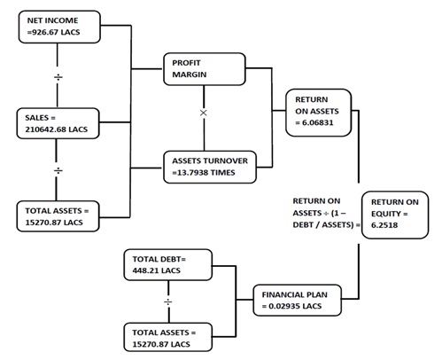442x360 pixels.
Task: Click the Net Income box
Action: pyautogui.click(x=59, y=27)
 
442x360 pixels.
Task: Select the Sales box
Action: pyautogui.click(x=58, y=123)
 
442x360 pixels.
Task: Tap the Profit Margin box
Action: pyautogui.click(x=205, y=69)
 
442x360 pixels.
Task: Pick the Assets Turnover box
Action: pyautogui.click(x=210, y=167)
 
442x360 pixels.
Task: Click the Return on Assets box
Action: pyautogui.click(x=319, y=113)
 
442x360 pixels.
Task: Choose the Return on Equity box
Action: pyautogui.click(x=395, y=215)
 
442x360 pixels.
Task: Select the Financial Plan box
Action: pyautogui.click(x=298, y=300)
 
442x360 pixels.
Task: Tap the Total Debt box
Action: pyautogui.click(x=168, y=265)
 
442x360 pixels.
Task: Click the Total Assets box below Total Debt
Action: pyautogui.click(x=168, y=337)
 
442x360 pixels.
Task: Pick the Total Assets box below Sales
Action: pyautogui.click(x=58, y=216)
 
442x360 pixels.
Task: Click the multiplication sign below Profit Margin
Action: pyautogui.click(x=204, y=113)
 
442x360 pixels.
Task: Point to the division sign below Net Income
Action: pyautogui.click(x=58, y=77)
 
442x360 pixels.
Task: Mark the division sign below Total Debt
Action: pyautogui.click(x=168, y=301)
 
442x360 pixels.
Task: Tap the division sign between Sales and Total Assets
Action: pyautogui.click(x=58, y=170)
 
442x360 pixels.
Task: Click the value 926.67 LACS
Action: pyautogui.click(x=56, y=32)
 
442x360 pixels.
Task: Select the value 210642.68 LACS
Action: pyautogui.click(x=57, y=129)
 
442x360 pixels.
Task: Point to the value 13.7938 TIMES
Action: pyautogui.click(x=205, y=173)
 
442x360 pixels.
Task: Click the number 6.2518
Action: pyautogui.click(x=384, y=225)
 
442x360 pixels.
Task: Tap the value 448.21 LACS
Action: pyautogui.click(x=157, y=270)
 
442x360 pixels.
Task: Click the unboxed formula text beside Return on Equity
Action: pyautogui.click(x=326, y=213)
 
